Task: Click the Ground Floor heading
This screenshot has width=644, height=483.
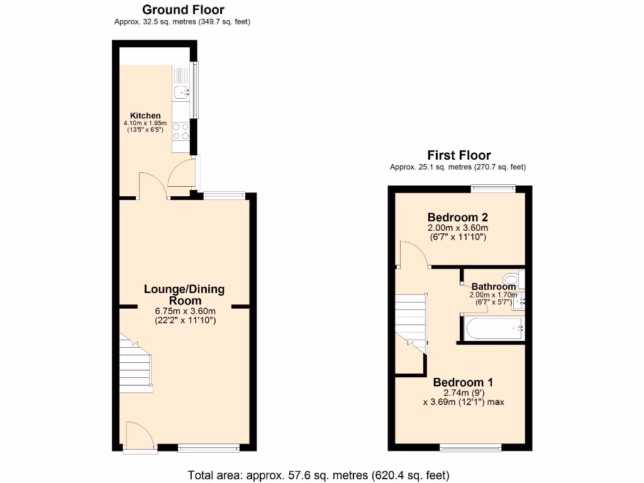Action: click(x=183, y=9)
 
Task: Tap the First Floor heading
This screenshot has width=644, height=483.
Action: click(x=458, y=155)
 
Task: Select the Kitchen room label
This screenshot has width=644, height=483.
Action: click(x=145, y=115)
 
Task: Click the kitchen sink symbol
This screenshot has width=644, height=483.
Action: click(x=181, y=93)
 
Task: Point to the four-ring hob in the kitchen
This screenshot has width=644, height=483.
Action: click(x=181, y=131)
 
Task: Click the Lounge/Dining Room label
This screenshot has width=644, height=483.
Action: click(x=184, y=294)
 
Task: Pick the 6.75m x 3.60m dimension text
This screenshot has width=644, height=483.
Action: click(x=186, y=311)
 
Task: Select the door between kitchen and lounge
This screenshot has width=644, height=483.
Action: click(x=153, y=186)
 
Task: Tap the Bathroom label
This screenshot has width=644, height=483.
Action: click(x=493, y=286)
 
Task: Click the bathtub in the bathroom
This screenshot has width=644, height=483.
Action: click(x=493, y=328)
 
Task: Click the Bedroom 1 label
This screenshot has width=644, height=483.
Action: click(x=462, y=382)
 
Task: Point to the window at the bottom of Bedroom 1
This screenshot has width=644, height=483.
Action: click(x=470, y=448)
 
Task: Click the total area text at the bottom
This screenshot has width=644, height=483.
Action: click(x=318, y=475)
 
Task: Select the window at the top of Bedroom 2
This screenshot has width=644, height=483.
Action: click(x=494, y=187)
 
